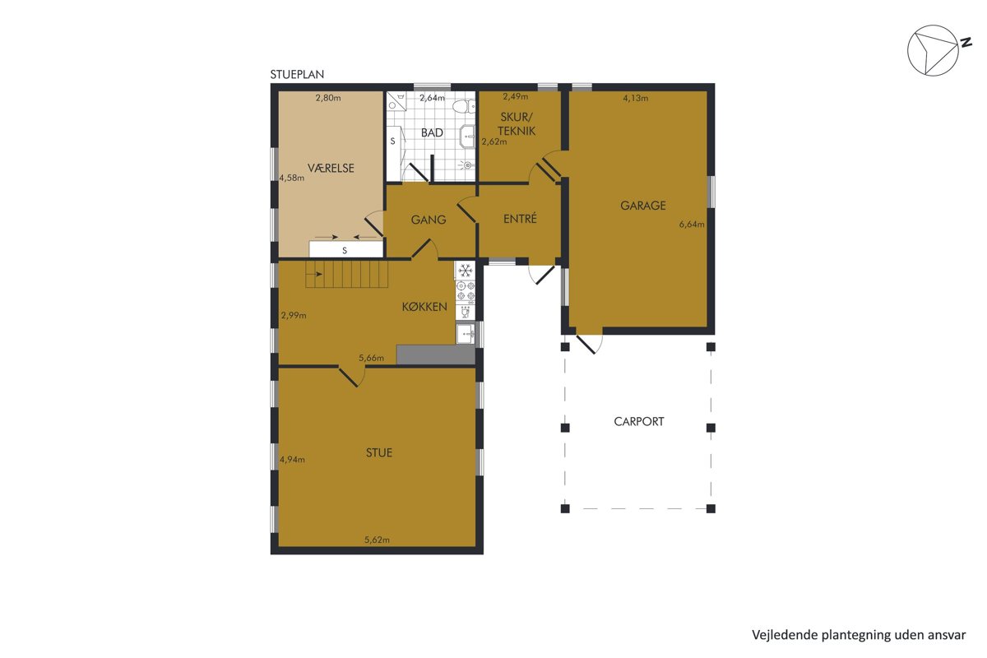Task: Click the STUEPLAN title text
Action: (x=297, y=75)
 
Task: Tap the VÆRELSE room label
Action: (x=331, y=168)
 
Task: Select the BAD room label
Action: (x=432, y=132)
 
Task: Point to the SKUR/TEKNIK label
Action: (x=517, y=124)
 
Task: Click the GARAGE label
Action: (x=643, y=206)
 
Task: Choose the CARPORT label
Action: (x=639, y=421)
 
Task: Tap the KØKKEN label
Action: (x=424, y=307)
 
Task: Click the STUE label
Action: (x=379, y=452)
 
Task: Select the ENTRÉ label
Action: (x=520, y=218)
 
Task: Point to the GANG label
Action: (x=429, y=220)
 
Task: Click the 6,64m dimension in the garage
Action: (x=692, y=225)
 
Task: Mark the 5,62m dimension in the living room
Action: (x=377, y=540)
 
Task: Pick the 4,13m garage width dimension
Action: (x=635, y=98)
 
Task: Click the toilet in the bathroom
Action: (x=464, y=106)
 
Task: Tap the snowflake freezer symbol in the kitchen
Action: (x=466, y=270)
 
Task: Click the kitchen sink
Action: (x=466, y=334)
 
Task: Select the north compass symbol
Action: (x=938, y=50)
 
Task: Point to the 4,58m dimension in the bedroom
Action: (x=292, y=178)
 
